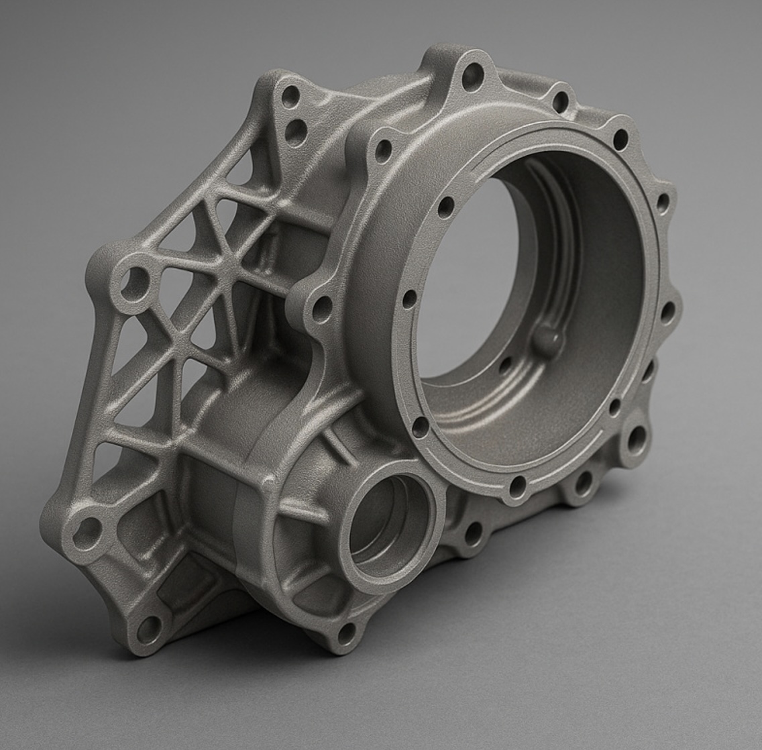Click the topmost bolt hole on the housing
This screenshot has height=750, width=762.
(472, 74)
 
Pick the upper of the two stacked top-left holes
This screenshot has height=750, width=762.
(290, 96)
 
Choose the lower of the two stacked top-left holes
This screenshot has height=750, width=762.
(295, 132)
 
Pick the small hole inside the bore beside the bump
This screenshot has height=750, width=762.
(505, 366)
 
